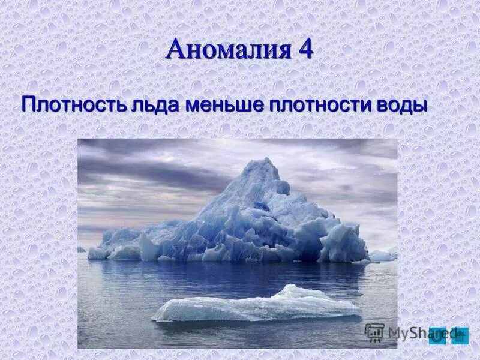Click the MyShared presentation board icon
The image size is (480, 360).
[374, 332]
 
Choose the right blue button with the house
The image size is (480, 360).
[460, 335]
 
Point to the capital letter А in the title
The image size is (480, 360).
[175, 49]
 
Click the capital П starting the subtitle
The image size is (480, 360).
[29, 104]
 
